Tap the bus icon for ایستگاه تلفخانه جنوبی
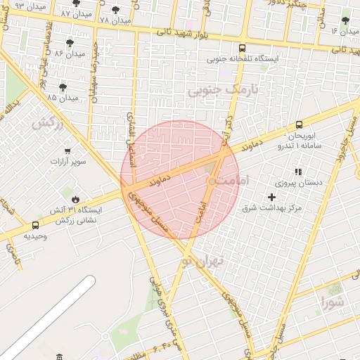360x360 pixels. coord(242,49)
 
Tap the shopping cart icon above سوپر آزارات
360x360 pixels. coord(67,150)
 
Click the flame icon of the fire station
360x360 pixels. coord(76,200)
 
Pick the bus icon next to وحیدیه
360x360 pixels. coord(35,225)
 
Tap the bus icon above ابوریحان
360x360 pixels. coord(300,124)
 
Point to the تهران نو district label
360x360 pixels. coord(210,261)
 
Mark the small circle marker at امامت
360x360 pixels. coord(212,181)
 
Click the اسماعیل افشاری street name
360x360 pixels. coord(131,138)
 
